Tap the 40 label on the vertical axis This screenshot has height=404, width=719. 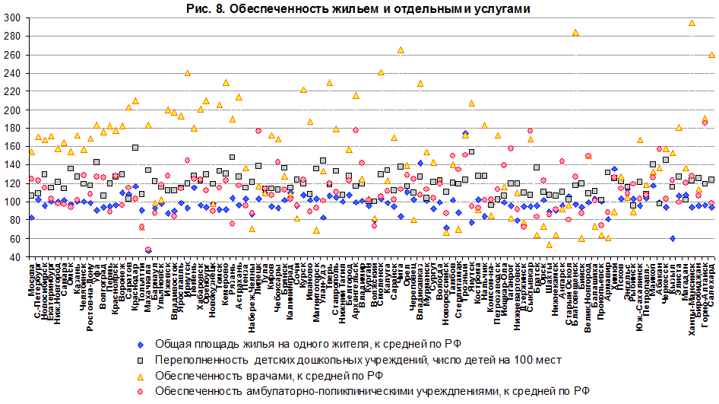[x=13, y=257]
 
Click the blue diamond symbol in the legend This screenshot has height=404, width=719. [x=139, y=343]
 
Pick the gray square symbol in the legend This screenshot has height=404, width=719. [x=139, y=359]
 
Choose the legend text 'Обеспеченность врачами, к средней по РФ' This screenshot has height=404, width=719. [x=268, y=375]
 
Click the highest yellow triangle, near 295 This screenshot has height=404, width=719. [x=692, y=23]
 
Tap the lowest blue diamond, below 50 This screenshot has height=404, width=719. [x=148, y=250]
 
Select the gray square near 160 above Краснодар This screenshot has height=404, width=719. [x=135, y=148]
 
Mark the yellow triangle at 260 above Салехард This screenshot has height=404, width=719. [x=711, y=55]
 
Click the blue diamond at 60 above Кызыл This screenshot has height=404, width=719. [x=673, y=238]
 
